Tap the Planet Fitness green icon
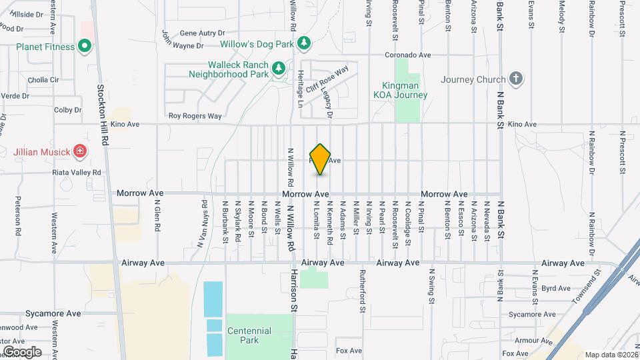click(x=84, y=46)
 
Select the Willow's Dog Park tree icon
click(x=304, y=44)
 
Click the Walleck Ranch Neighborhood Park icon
click(x=278, y=67)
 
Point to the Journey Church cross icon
click(x=515, y=79)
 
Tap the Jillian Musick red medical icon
click(x=80, y=151)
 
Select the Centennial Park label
click(x=249, y=335)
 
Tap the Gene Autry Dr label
click(x=203, y=33)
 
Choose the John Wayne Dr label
click(x=181, y=46)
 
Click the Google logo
click(x=22, y=351)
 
